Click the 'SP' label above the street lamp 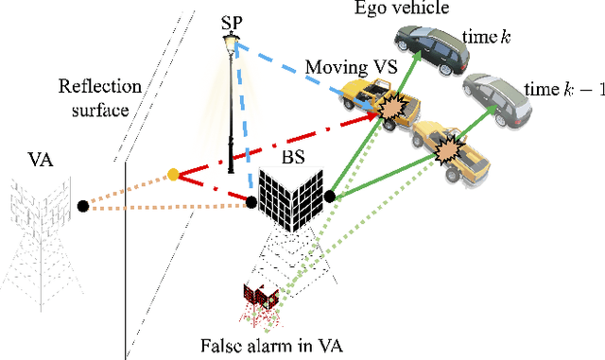(x=231, y=21)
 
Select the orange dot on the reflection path (x=172, y=175)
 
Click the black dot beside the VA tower (x=83, y=204)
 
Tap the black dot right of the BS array (x=330, y=197)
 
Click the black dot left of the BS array (x=251, y=201)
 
